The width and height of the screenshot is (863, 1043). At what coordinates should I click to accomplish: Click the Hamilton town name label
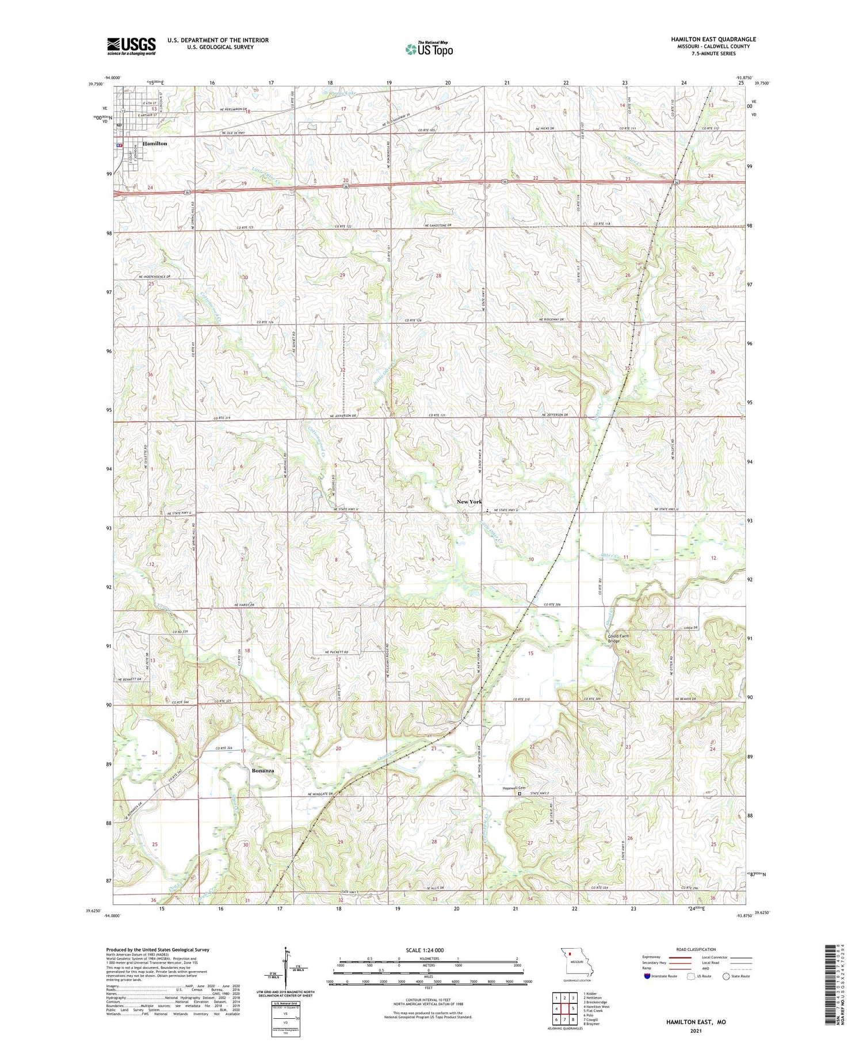155,143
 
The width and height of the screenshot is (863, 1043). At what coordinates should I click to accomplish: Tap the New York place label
469,502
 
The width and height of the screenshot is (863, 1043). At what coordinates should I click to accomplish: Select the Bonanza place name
262,770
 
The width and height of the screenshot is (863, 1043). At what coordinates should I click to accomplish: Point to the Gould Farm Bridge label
618,638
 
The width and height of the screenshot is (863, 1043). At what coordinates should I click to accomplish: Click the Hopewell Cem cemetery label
514,788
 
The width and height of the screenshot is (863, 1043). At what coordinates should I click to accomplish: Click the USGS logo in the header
131,46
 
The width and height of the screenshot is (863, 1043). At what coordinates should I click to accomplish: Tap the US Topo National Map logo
429,49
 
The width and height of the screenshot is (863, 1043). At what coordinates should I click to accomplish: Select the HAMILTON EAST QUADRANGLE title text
713,39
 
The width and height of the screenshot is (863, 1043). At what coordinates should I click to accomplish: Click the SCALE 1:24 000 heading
425,950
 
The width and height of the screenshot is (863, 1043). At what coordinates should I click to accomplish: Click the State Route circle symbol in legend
727,976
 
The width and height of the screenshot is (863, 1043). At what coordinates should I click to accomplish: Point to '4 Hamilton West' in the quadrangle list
597,1007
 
